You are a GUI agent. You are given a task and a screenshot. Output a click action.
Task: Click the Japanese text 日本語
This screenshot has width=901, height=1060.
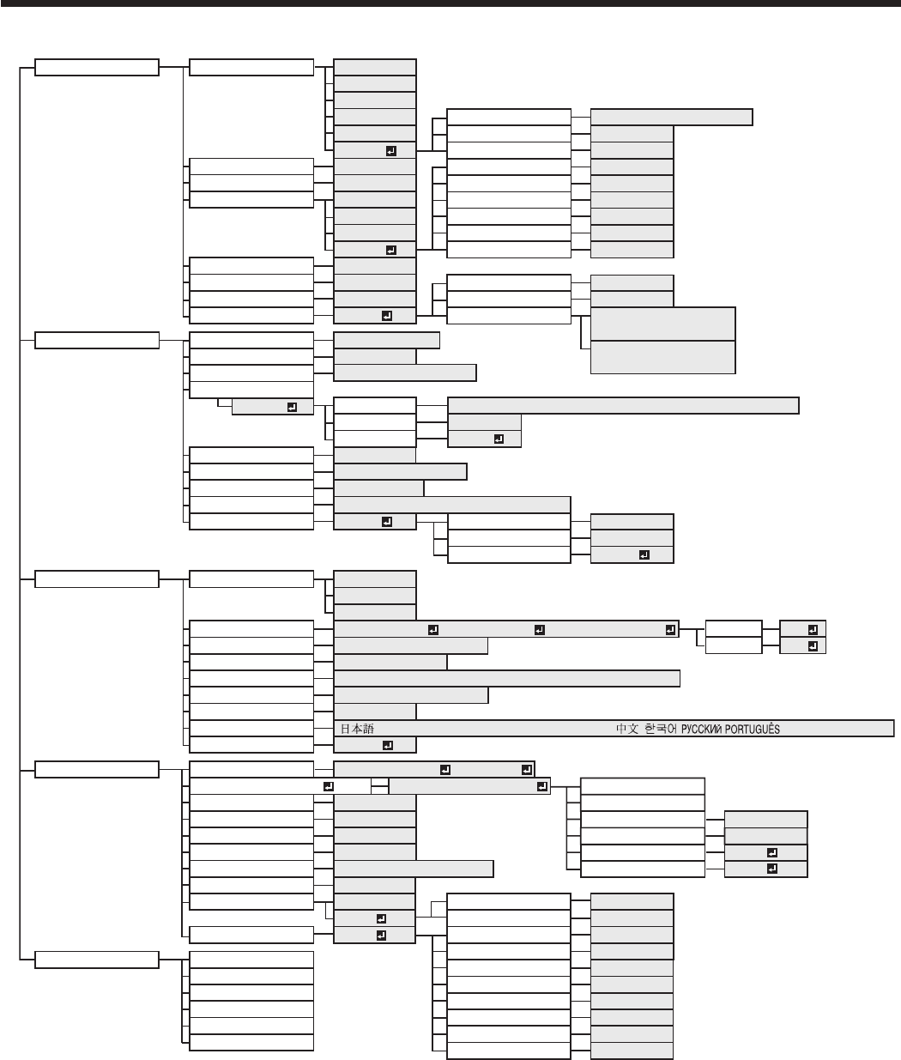pos(357,729)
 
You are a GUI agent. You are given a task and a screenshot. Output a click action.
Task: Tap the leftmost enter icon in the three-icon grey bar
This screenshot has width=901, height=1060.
pos(432,630)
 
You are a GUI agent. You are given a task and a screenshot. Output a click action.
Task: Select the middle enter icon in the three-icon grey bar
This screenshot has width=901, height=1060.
pos(539,630)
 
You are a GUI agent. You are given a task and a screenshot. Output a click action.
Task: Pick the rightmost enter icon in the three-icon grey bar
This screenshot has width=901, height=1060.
pos(669,630)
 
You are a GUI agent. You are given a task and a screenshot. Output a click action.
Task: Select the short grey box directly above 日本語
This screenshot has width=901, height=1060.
pos(374,712)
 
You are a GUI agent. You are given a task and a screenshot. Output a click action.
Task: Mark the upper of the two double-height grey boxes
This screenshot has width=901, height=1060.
pos(662,324)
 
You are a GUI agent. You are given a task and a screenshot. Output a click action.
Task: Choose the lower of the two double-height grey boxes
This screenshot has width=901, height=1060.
pos(662,357)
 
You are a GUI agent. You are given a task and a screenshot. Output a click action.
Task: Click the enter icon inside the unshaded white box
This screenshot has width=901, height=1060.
pos(327,785)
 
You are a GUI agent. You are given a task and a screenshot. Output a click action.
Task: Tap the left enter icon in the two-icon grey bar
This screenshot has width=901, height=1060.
pos(444,770)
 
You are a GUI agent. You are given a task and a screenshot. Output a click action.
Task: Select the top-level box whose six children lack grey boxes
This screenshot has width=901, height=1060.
pos(96,960)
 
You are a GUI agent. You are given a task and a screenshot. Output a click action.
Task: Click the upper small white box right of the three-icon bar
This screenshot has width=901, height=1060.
pos(733,629)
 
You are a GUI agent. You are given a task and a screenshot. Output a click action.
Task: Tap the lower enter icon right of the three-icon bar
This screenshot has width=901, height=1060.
pos(810,645)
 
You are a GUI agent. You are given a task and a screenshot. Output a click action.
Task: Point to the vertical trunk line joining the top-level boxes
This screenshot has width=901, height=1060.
pos(19,515)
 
